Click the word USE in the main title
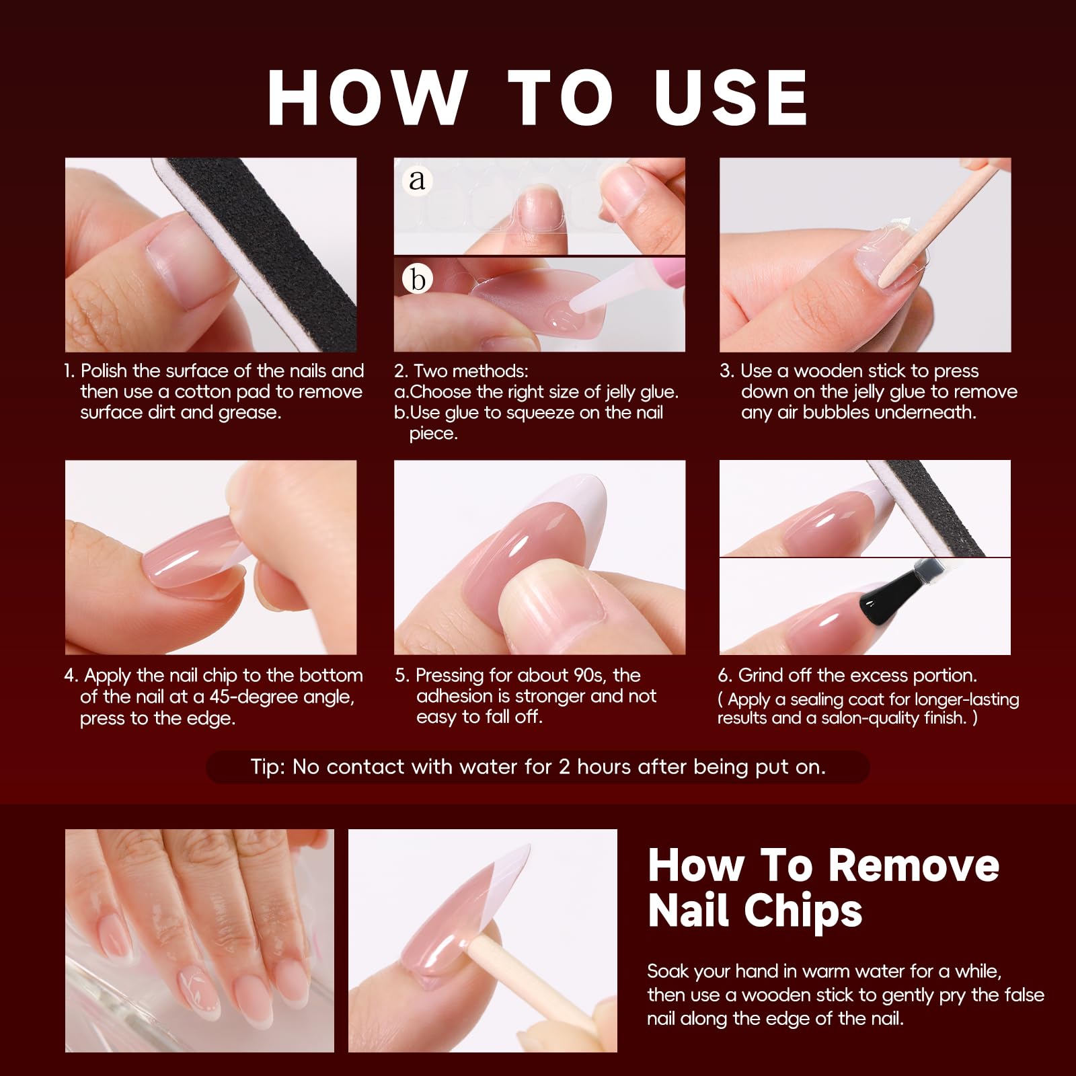click(x=731, y=98)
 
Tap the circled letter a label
click(x=418, y=180)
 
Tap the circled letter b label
click(x=418, y=278)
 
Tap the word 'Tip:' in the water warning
click(x=267, y=767)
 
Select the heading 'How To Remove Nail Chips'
click(x=823, y=888)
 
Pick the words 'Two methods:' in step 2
click(x=471, y=371)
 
